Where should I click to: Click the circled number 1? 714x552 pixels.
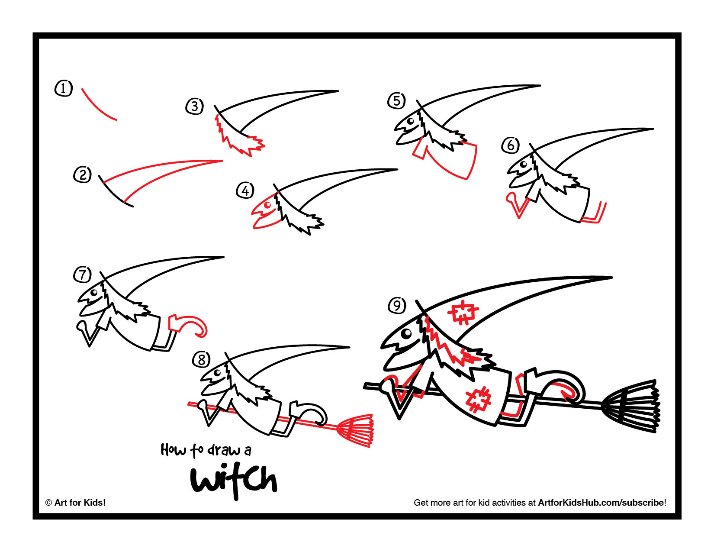point(64,89)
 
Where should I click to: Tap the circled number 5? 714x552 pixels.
point(396,101)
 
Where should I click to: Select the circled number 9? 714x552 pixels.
point(396,306)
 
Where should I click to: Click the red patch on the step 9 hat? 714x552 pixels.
point(463,312)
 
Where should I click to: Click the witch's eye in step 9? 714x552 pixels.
point(406,333)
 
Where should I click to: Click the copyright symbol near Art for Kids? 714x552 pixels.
point(48,503)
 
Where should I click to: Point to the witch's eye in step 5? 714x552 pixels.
point(410,122)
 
